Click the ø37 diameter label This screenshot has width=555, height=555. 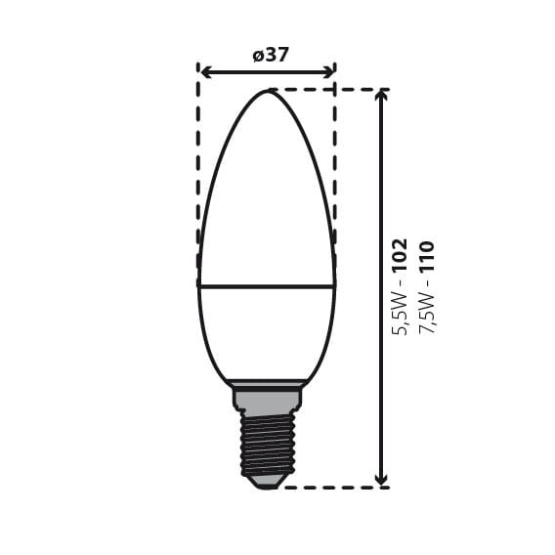click(271, 56)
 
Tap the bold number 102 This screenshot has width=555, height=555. click(400, 256)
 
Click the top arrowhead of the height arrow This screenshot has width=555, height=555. click(381, 96)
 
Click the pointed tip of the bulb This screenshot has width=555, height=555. click(267, 92)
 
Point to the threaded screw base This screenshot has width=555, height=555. click(267, 445)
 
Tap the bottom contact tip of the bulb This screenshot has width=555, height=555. click(267, 483)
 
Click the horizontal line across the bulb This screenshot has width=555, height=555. click(267, 286)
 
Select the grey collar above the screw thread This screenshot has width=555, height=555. click(267, 398)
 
